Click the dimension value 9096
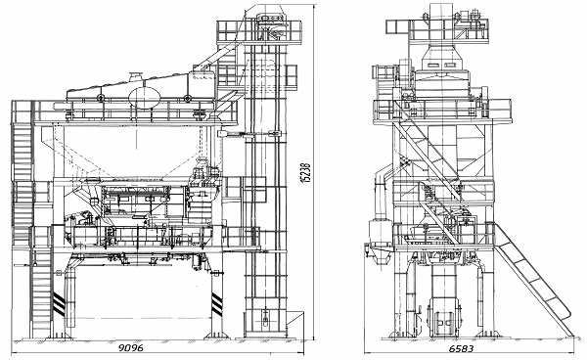(131, 347)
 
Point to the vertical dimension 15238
(305, 172)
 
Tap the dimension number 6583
(461, 349)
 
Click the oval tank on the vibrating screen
(145, 98)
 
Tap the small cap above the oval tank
(136, 76)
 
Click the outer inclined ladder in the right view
(533, 279)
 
